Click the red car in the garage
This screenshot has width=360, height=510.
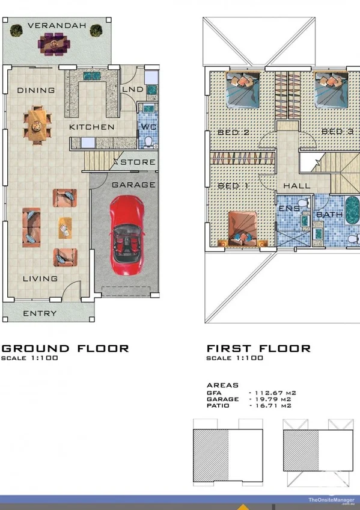126,235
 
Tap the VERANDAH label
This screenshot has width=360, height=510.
57,25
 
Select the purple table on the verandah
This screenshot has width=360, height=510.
54,44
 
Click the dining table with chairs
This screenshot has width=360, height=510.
37,125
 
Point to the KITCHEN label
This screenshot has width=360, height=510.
92,127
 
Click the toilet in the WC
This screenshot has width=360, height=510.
148,142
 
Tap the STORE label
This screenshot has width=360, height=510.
138,162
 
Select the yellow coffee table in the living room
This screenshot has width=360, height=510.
65,228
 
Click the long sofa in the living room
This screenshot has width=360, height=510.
31,227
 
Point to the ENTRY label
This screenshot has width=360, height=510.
40,313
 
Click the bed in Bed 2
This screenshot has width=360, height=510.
243,90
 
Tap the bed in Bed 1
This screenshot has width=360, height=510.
242,229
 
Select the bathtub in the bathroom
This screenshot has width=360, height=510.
352,210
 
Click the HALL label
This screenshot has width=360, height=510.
297,186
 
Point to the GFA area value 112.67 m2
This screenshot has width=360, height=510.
275,393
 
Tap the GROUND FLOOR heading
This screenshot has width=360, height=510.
66,349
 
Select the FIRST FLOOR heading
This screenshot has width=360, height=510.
258,349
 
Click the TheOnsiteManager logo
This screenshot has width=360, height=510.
331,500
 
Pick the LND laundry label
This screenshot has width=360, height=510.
133,90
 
